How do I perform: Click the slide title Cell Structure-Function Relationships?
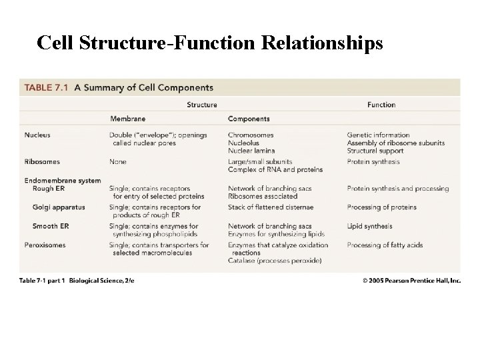210,42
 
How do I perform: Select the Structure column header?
202,105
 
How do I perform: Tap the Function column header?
381,105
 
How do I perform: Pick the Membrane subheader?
127,119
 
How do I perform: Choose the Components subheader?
249,119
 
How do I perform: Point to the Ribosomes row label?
41,161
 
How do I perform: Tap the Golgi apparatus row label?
59,207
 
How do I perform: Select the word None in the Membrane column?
119,161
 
